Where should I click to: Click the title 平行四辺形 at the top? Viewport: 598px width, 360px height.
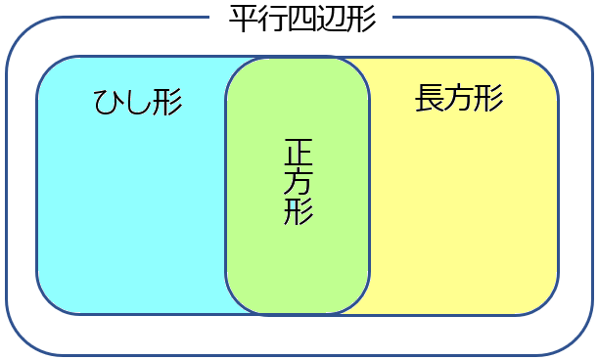301,19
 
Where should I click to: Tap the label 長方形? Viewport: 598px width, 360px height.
459,98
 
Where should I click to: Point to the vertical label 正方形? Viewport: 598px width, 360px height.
299,182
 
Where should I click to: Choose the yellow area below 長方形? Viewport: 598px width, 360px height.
460,215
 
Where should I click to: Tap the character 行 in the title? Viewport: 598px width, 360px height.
273,19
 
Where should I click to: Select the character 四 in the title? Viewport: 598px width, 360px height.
301,19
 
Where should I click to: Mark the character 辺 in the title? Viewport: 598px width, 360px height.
331,19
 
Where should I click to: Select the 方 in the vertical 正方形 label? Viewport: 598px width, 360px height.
299,182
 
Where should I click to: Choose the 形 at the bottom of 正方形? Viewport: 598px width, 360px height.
299,211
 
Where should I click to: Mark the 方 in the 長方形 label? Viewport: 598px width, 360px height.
459,98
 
